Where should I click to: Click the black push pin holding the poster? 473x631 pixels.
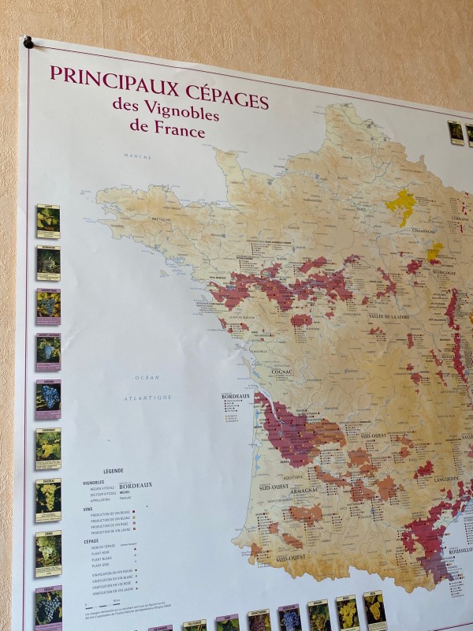(x=28, y=42)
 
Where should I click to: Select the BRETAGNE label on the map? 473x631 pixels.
(x=162, y=219)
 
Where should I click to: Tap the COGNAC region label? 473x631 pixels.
(x=281, y=371)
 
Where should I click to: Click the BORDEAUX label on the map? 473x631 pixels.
(x=235, y=396)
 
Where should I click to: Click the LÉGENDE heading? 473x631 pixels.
(x=114, y=470)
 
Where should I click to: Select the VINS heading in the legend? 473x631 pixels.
(x=88, y=509)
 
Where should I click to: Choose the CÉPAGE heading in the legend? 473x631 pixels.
(x=91, y=541)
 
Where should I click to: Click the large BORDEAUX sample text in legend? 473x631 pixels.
(x=136, y=485)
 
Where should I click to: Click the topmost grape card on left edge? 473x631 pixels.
(x=48, y=222)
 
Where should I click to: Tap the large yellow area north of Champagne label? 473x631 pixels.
(x=401, y=205)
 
